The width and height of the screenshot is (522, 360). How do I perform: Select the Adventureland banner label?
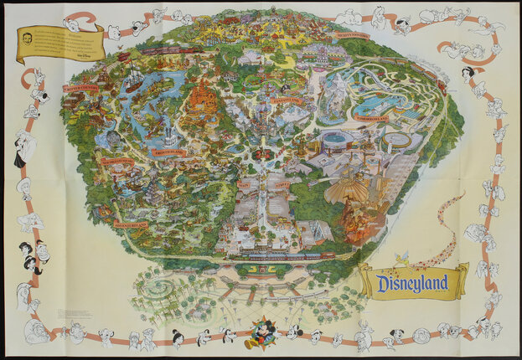(x=132, y=224)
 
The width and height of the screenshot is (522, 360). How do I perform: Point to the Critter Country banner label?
(x=81, y=86)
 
